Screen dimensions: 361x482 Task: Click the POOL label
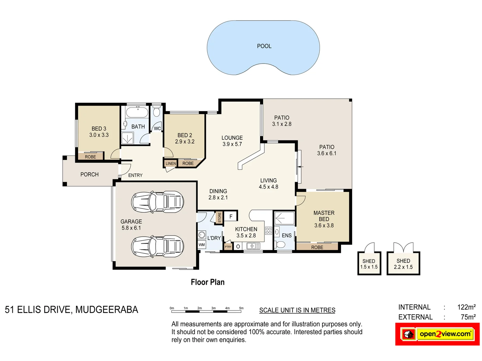(x=264, y=46)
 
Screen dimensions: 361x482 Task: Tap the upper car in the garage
(x=157, y=202)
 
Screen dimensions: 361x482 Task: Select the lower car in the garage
(x=157, y=246)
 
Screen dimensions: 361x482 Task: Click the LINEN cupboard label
(x=170, y=163)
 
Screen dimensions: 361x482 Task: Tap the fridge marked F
(x=231, y=217)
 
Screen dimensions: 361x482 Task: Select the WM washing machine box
(x=202, y=245)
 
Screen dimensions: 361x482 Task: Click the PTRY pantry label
(x=228, y=247)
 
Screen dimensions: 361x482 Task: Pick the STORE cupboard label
(x=220, y=217)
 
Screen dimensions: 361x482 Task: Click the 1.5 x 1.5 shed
(x=369, y=264)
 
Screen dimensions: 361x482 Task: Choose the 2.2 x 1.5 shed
(x=403, y=264)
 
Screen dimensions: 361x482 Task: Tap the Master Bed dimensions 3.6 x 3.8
(x=324, y=225)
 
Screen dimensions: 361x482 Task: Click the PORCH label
(x=89, y=174)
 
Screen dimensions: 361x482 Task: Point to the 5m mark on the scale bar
(x=241, y=308)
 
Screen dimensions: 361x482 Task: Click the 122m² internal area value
(x=466, y=307)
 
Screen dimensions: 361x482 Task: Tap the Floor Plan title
(x=208, y=282)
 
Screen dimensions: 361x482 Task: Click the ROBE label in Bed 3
(x=90, y=157)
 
